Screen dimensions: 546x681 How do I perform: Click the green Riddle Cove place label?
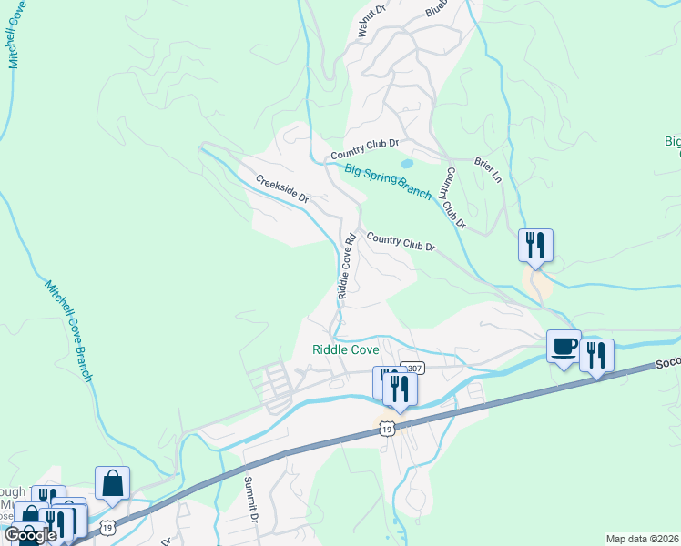point(345,349)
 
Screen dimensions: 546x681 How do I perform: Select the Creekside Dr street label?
point(282,188)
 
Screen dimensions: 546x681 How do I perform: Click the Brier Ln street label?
point(488,169)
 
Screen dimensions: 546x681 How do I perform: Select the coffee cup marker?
point(564,346)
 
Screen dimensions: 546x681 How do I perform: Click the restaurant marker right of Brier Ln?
point(535,244)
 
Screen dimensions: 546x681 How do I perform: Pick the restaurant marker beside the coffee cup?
point(596,354)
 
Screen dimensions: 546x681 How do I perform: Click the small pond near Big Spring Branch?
point(406,165)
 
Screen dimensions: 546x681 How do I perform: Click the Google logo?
point(30,535)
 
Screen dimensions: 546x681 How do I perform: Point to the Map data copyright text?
point(642,539)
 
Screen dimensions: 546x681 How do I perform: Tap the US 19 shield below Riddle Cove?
point(387,427)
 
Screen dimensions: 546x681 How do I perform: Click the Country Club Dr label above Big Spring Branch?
point(365,145)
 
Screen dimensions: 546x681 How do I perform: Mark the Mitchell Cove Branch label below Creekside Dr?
point(69,329)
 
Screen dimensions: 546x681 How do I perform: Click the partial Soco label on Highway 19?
point(667,363)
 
